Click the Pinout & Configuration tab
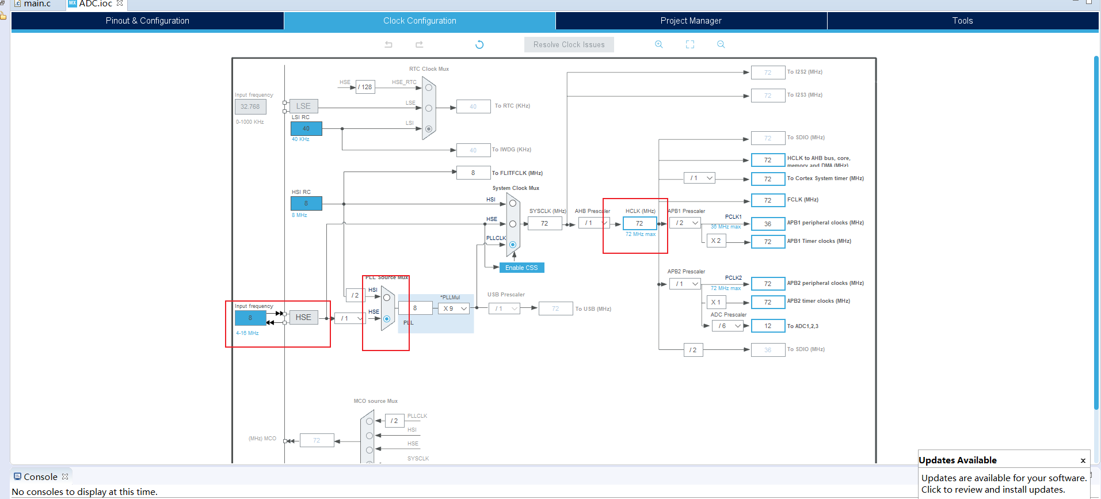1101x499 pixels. point(147,21)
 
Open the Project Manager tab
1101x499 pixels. point(691,21)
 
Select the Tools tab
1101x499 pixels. point(962,21)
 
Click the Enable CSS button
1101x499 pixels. point(521,268)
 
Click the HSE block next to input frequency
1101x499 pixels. point(303,318)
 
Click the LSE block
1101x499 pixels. point(303,106)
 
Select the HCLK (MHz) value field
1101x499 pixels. point(639,223)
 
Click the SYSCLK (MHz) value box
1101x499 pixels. point(544,223)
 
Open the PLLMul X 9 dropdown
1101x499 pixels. point(454,308)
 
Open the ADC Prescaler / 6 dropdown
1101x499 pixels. point(728,326)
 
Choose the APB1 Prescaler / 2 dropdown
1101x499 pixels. point(685,223)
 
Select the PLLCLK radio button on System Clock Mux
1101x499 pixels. point(513,245)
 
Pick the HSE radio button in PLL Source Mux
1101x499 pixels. point(387,318)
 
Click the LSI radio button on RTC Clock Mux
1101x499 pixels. point(429,129)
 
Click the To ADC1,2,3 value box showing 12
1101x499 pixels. point(768,326)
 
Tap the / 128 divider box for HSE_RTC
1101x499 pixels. point(365,87)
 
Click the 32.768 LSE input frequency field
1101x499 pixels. point(250,106)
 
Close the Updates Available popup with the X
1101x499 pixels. point(1083,460)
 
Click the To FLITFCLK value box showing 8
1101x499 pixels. point(473,173)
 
